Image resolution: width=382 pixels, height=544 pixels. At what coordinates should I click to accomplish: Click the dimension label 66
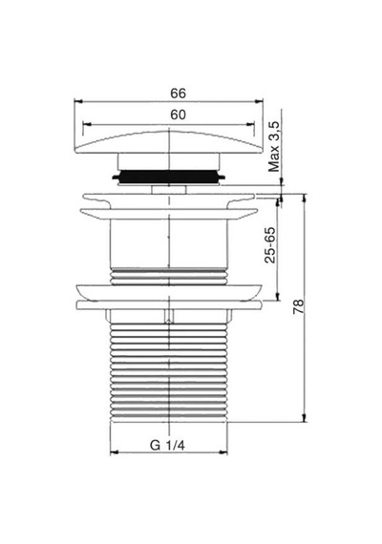[178, 94]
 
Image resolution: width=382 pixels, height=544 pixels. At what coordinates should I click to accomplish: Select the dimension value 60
[178, 115]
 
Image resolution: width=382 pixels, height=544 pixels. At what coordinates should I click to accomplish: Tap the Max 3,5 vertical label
[274, 146]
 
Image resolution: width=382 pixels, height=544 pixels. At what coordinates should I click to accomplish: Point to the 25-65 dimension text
[270, 245]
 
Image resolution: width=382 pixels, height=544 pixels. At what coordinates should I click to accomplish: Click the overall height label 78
[298, 306]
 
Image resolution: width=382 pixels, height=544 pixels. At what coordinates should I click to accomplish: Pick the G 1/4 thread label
[167, 445]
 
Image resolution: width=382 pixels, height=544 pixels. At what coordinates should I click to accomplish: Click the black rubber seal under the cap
[168, 177]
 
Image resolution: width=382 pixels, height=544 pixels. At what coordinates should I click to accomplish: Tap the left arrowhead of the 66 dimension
[78, 102]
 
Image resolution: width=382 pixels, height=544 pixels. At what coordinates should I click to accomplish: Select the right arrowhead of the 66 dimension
[259, 102]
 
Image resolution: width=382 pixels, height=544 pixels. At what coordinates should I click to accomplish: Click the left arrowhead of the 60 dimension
[87, 124]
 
